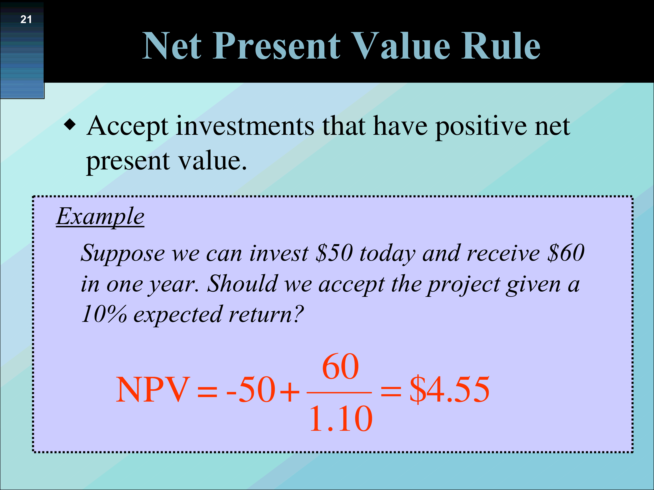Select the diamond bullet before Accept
coord(70,124)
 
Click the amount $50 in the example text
coord(334,253)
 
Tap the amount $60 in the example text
coord(566,253)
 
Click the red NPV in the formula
coord(153,390)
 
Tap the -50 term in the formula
coord(251,390)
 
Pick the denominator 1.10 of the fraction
coord(341,419)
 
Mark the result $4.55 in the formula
coord(449,390)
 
